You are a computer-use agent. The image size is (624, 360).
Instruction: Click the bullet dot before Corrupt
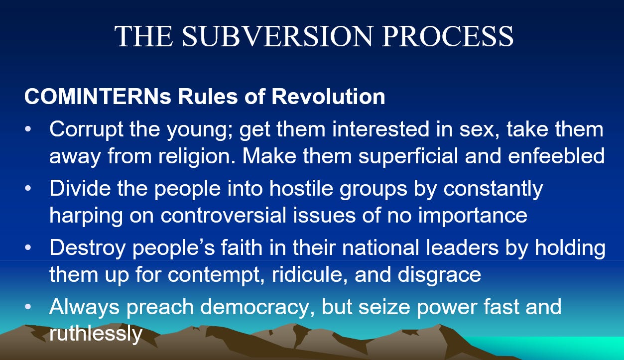pos(28,129)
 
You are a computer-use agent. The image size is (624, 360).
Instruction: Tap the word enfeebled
pos(556,156)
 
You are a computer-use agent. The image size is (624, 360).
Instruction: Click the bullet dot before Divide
pos(28,189)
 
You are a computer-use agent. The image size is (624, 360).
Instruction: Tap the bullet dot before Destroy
pos(28,247)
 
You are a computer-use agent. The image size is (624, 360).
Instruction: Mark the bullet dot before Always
pos(28,307)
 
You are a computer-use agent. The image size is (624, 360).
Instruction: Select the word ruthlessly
pos(96,333)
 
